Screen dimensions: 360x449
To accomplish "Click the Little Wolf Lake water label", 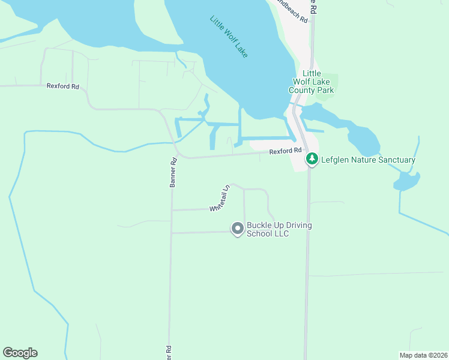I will coord(231,37).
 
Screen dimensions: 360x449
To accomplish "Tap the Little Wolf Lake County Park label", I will coord(310,82).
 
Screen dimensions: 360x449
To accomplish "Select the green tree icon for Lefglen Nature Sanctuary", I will coord(312,160).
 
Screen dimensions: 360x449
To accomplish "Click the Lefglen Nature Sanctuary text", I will coord(368,160).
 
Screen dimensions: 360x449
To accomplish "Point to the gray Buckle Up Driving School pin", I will coord(238,229).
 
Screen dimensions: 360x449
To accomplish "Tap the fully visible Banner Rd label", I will coord(173,173).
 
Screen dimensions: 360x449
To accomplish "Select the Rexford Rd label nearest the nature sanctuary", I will coord(285,152).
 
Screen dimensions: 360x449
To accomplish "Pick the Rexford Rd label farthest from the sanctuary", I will coord(63,86).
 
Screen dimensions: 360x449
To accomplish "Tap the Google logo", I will coord(20,353).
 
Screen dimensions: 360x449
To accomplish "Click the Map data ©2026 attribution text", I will coord(423,355).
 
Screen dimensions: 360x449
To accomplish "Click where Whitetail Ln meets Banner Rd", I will coord(172,210).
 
